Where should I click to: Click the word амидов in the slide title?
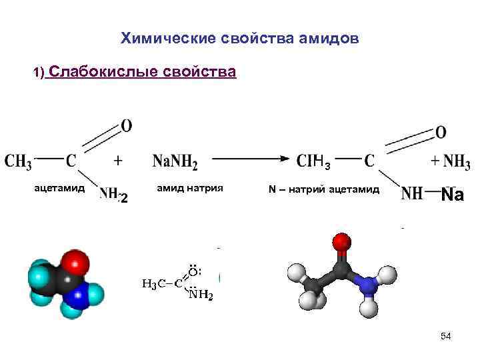tap(327, 39)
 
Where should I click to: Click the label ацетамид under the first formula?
tap(59, 189)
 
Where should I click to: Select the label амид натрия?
tap(189, 189)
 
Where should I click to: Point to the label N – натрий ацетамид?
tap(324, 189)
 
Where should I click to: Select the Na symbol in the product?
tap(453, 195)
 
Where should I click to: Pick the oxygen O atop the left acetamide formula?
tap(126, 125)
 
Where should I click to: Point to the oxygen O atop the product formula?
tap(441, 132)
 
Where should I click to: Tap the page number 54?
tap(445, 337)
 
